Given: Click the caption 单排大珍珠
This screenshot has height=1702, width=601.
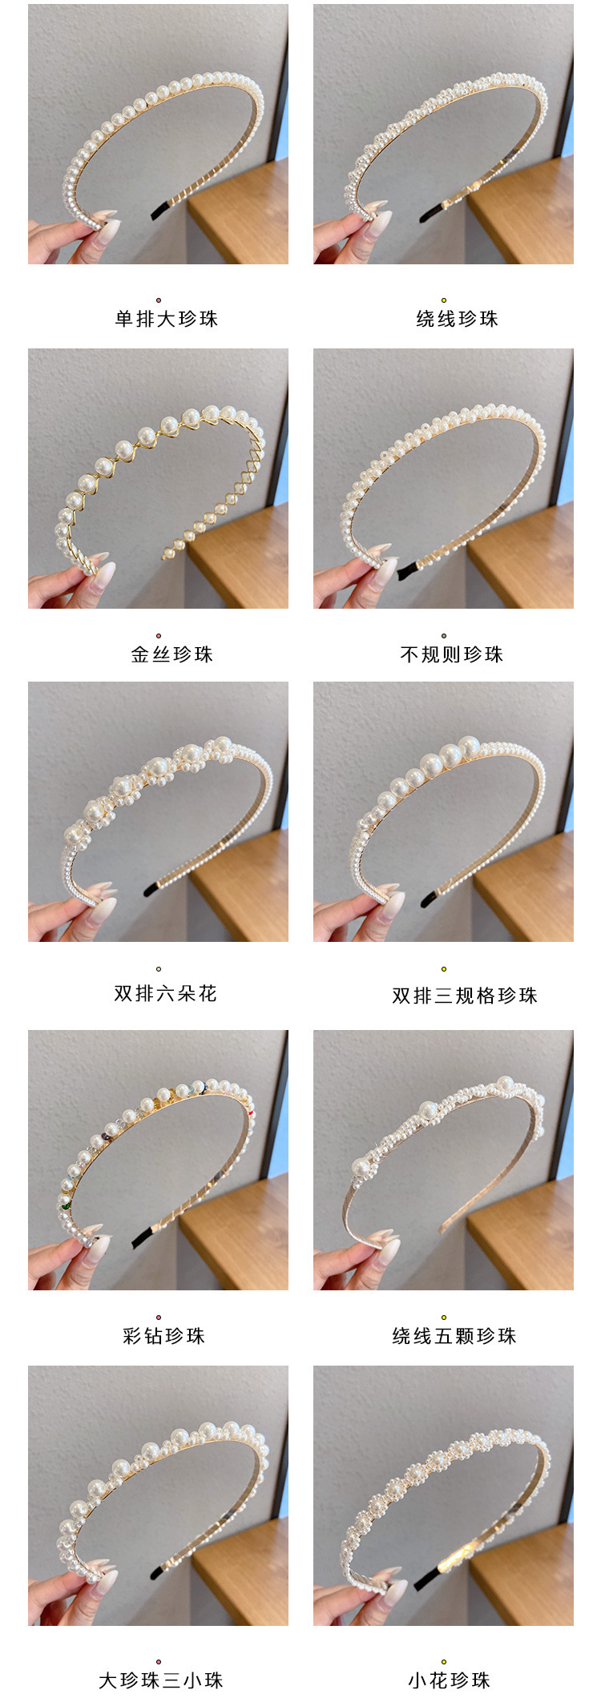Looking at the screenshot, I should (166, 319).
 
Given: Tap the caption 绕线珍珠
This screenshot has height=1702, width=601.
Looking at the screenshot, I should (457, 319).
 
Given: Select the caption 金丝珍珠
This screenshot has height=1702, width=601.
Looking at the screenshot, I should (171, 654).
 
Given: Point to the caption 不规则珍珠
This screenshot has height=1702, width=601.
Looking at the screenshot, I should (451, 654).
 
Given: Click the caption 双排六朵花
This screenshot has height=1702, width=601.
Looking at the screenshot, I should (165, 993).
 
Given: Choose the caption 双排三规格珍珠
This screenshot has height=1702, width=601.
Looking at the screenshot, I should (464, 996).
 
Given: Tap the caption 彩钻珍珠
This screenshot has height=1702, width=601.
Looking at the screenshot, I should (163, 1335).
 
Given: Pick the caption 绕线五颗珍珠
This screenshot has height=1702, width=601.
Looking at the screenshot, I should (454, 1335).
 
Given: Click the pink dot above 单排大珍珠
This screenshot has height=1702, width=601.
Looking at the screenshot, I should (159, 300).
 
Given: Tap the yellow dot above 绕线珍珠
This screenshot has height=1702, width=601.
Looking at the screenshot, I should (443, 300).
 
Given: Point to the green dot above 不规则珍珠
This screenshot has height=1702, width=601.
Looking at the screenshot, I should (443, 636).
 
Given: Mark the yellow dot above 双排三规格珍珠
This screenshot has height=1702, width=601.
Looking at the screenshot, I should (443, 969).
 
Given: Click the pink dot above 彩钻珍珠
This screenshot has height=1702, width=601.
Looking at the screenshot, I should (159, 1317).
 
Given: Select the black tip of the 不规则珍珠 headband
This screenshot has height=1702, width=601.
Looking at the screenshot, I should (408, 571).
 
